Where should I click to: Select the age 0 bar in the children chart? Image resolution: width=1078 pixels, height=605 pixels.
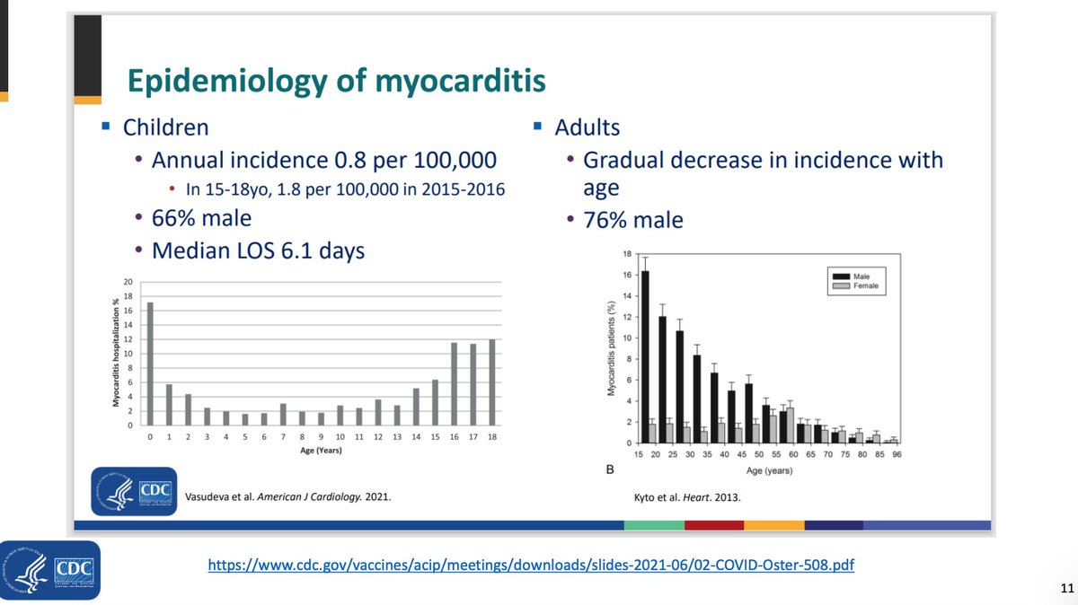[x=150, y=364]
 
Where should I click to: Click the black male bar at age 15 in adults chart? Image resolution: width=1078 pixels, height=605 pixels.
[x=645, y=355]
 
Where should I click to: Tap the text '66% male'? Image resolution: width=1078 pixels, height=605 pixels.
[x=201, y=218]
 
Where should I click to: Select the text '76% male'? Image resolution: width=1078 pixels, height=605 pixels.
[x=632, y=220]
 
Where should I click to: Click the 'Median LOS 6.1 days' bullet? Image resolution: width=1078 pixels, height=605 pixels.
[x=258, y=250]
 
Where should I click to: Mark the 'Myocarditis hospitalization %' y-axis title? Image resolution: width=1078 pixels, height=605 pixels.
[x=117, y=353]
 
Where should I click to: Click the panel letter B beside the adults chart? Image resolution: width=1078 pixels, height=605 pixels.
[x=611, y=469]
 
